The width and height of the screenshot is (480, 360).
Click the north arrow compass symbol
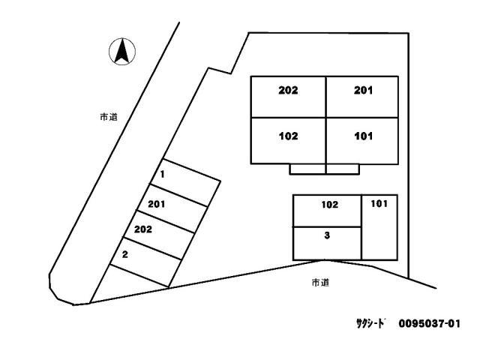122,52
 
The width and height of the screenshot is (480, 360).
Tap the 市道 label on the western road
109,117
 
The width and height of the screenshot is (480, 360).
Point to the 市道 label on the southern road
320,283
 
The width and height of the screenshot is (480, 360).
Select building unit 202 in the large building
288,97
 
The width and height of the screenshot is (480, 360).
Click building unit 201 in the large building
362,97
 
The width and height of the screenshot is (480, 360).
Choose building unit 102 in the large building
288,141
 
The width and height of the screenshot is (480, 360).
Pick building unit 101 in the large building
362,141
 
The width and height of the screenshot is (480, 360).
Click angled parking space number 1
185,182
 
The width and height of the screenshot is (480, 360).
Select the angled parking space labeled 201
172,208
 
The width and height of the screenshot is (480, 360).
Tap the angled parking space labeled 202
158,235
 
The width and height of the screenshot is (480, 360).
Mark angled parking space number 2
145,261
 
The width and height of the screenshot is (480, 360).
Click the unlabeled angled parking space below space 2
132,283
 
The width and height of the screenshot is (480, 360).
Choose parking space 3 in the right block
327,243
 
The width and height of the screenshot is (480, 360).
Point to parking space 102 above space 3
327,211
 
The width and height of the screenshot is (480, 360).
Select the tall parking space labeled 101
379,227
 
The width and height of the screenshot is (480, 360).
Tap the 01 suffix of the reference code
454,323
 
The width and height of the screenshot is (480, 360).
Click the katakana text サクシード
370,323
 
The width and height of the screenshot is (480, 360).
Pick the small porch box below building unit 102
307,169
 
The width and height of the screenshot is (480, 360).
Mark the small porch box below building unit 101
343,169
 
